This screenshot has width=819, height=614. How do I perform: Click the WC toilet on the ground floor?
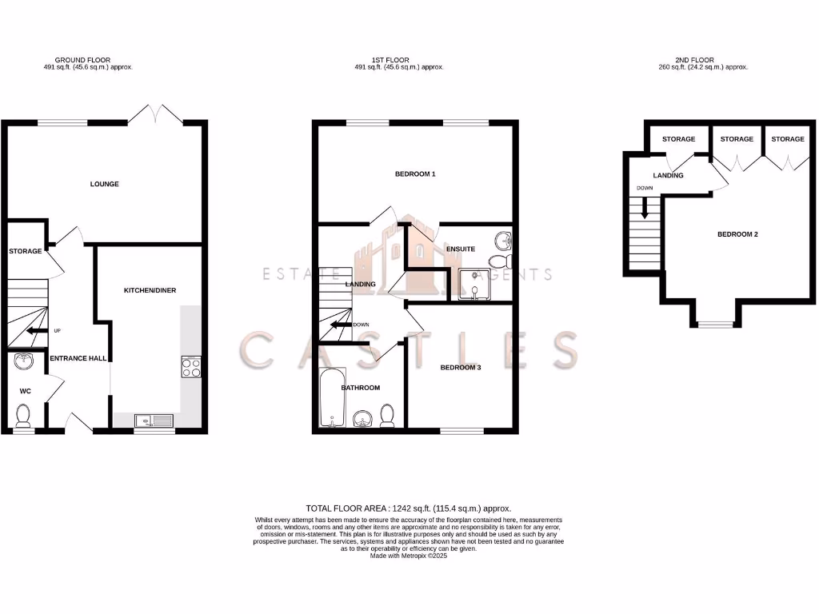pyautogui.click(x=23, y=415)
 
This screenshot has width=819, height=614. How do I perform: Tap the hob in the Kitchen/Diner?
pyautogui.click(x=191, y=367)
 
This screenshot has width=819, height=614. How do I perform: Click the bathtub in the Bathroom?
pyautogui.click(x=331, y=398)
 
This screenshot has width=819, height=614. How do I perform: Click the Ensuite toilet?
pyautogui.click(x=499, y=262)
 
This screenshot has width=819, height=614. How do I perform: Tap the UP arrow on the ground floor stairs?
pyautogui.click(x=35, y=330)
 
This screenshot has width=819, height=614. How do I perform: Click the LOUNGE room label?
pyautogui.click(x=104, y=184)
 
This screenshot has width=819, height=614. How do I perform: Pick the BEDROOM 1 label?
pyautogui.click(x=415, y=173)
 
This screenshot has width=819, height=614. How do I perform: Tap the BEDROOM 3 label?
pyautogui.click(x=461, y=368)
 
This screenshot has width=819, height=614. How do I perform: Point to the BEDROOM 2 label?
pyautogui.click(x=737, y=234)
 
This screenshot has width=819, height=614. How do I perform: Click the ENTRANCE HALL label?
pyautogui.click(x=78, y=358)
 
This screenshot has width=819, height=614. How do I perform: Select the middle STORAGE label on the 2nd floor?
pyautogui.click(x=737, y=139)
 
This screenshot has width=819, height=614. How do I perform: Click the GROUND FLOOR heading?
pyautogui.click(x=82, y=60)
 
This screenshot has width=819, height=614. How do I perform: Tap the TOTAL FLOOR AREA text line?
pyautogui.click(x=409, y=508)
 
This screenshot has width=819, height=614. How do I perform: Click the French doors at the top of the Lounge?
pyautogui.click(x=155, y=115)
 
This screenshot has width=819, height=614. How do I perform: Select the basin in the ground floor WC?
pyautogui.click(x=23, y=362)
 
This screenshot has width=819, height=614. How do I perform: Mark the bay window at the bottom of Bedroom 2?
pyautogui.click(x=714, y=324)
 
